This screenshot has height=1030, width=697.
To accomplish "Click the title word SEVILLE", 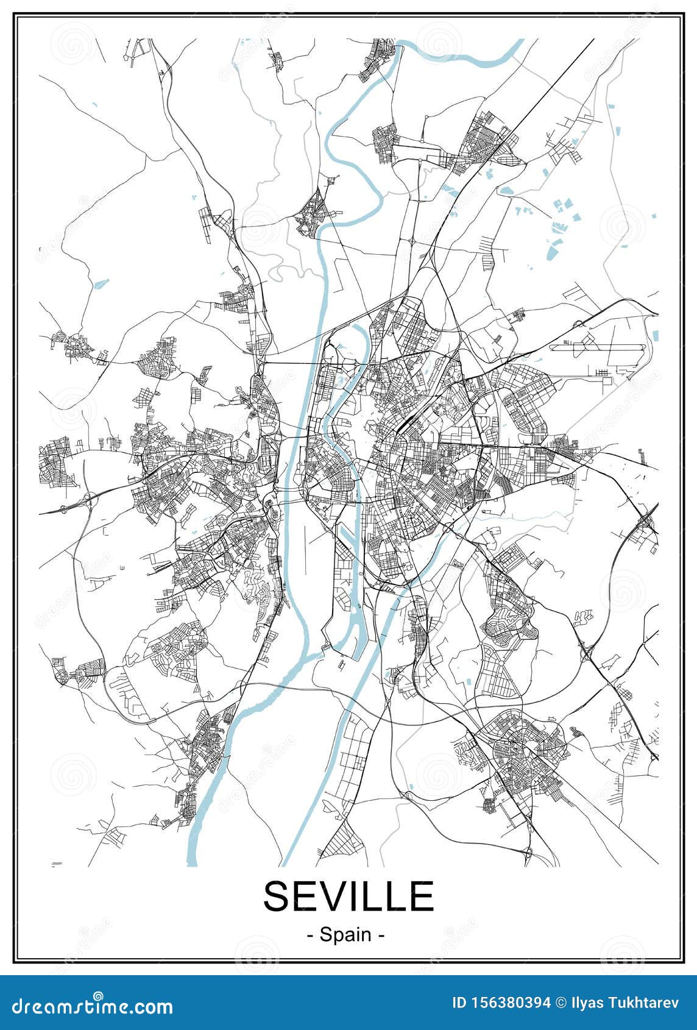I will coord(348,896).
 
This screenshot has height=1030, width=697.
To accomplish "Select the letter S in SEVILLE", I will coord(277,896).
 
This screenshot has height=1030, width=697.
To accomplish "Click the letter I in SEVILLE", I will coord(356,896).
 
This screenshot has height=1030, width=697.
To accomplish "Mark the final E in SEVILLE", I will coord(422,896).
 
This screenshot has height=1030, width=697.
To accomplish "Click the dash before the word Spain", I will coord(311,935).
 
